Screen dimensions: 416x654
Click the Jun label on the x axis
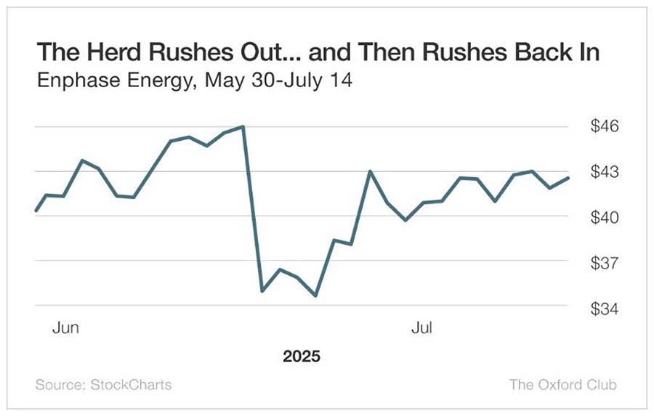click(65, 328)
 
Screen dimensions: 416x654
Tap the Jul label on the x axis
click(421, 328)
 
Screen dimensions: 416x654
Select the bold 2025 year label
click(302, 357)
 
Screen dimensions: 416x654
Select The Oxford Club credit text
click(562, 384)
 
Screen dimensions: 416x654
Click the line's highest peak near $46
click(243, 126)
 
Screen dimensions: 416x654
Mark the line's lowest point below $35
click(315, 295)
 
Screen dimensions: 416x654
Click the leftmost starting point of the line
click(36, 211)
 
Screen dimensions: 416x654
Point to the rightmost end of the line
click(568, 178)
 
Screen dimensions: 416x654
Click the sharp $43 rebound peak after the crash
click(370, 171)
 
